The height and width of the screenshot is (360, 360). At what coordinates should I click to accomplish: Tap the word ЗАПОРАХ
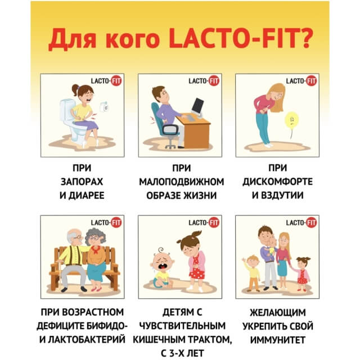pos(82,182)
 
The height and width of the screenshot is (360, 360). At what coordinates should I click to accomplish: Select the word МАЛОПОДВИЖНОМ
pos(182,182)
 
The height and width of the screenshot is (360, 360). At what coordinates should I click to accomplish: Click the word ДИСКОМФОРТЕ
pos(277,182)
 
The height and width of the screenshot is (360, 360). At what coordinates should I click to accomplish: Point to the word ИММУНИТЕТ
pos(277,340)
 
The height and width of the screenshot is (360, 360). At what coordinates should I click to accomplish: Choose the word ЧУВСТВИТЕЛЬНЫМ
pos(182,326)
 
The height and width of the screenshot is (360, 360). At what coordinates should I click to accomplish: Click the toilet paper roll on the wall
pos(105,107)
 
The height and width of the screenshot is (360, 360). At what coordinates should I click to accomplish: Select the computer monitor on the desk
pos(197,106)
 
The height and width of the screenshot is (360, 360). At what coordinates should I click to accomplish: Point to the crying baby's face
pos(161,262)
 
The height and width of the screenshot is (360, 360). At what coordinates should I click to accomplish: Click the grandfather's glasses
pos(78,237)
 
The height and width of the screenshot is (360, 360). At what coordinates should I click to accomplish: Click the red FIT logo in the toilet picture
pos(116,81)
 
